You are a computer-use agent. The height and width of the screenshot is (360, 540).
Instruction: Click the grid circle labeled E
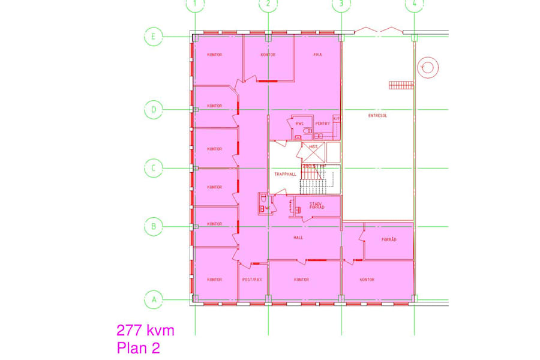tap(154, 37)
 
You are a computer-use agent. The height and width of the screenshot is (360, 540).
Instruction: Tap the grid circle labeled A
tap(154, 299)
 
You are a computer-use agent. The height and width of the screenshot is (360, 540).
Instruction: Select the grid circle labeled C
tap(154, 168)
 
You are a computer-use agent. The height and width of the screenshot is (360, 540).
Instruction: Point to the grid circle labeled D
tap(154, 110)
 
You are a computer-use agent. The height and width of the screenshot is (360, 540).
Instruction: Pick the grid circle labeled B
tap(154, 227)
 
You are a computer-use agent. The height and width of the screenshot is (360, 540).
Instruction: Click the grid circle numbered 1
tap(195, 5)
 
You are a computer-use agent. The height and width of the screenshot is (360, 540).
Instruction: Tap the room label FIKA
tap(318, 55)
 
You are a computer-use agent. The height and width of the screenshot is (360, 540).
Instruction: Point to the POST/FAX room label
tap(252, 280)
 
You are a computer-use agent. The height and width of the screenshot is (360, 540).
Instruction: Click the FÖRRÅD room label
tap(389, 240)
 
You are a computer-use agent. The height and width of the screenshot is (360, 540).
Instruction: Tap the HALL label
tap(298, 238)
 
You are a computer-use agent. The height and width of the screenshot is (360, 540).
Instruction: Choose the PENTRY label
tap(323, 124)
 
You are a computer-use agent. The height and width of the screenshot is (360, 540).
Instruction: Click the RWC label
tap(299, 124)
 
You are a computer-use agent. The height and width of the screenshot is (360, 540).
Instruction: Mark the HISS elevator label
tap(313, 146)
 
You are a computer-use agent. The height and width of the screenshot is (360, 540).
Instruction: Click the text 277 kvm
tap(145, 330)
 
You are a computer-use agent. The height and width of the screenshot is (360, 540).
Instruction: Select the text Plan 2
tap(138, 347)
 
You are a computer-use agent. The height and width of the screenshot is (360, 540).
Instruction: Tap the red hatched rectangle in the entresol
tap(401, 85)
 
